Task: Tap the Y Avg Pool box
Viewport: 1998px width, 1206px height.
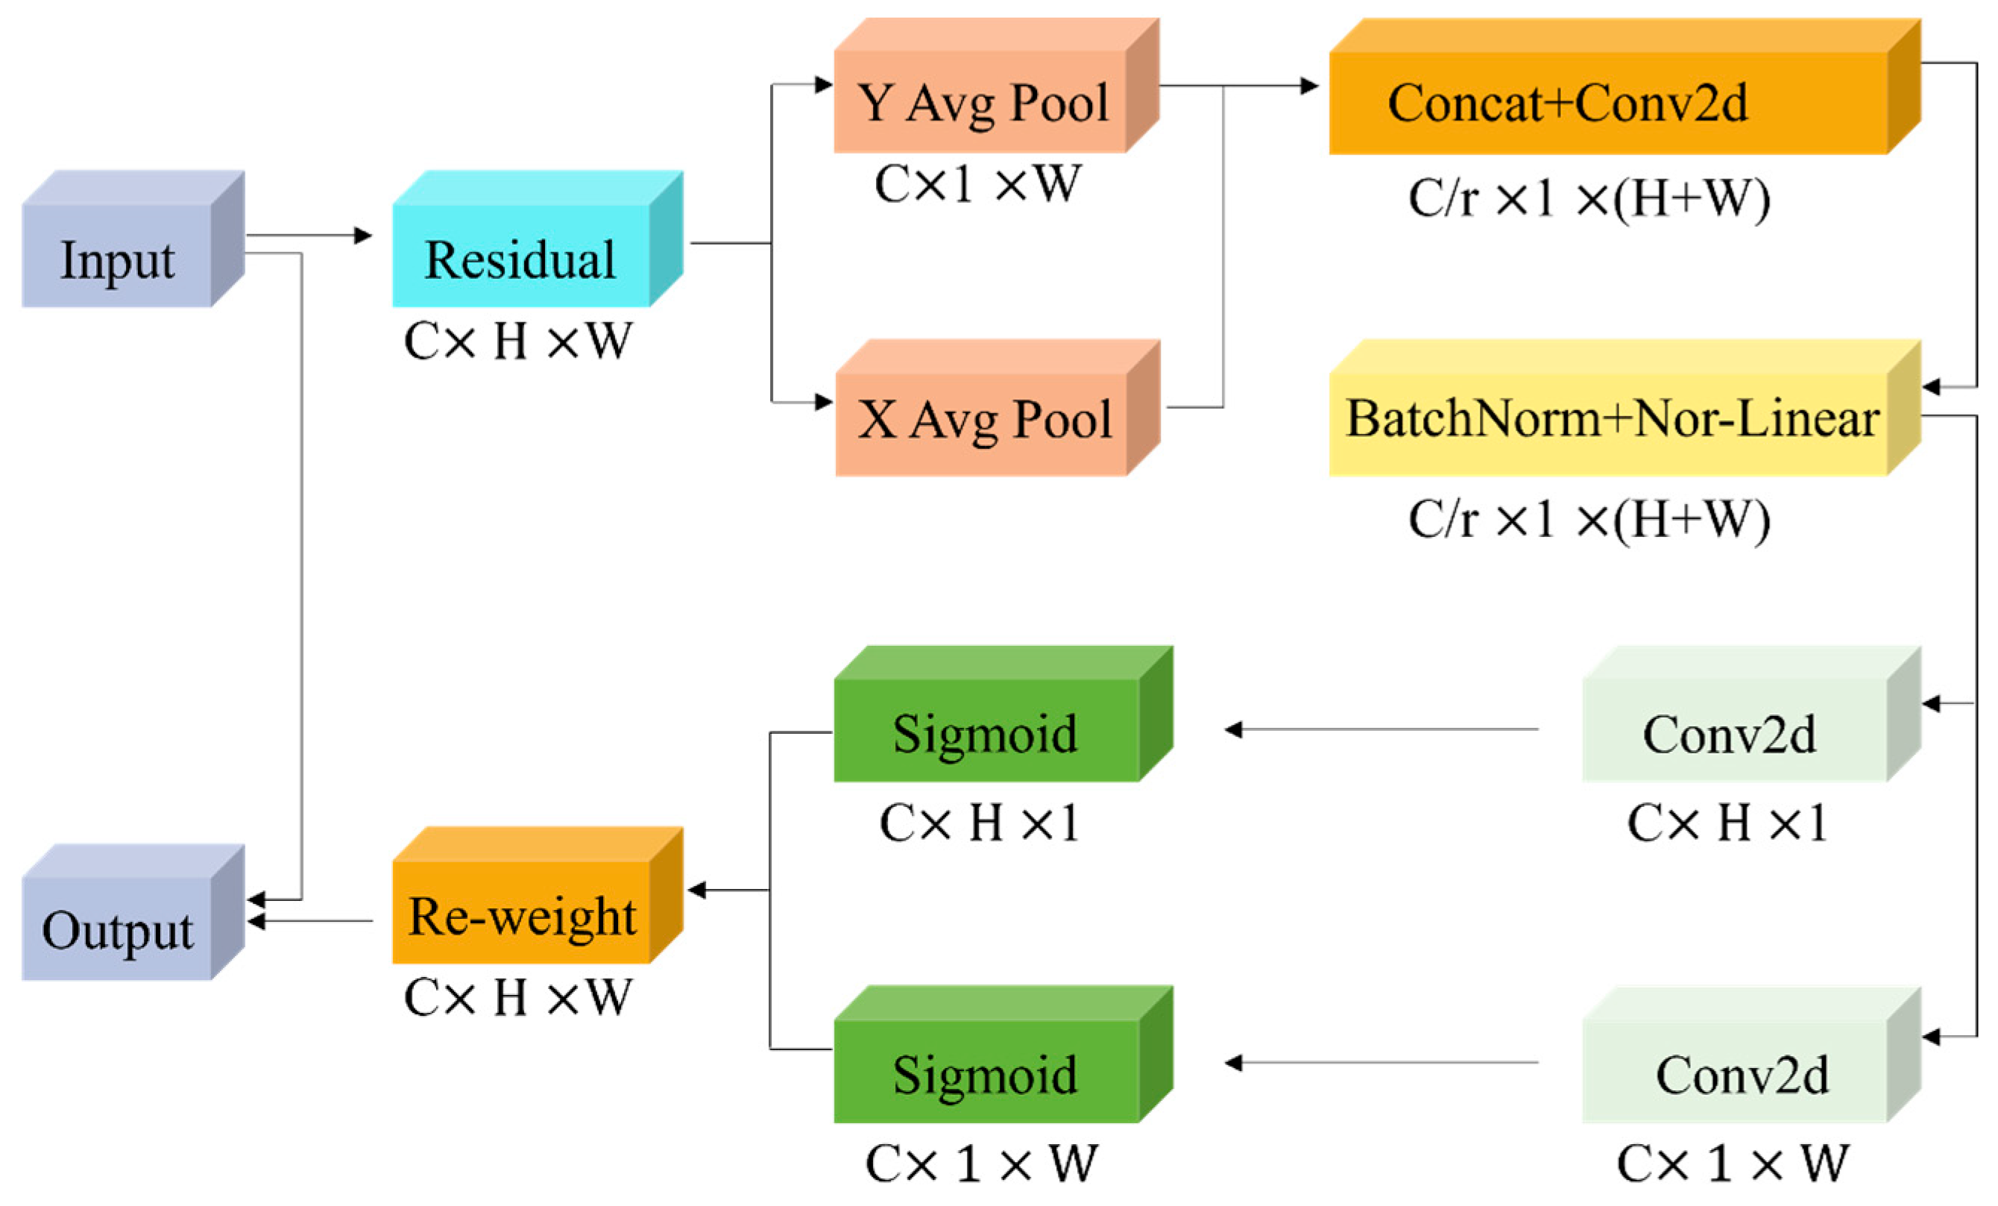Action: [x=981, y=102]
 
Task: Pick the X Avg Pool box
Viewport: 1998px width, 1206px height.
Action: [x=983, y=420]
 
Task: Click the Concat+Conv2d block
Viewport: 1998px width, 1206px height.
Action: [x=1610, y=103]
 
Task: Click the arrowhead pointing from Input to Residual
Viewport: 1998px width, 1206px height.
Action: [x=363, y=236]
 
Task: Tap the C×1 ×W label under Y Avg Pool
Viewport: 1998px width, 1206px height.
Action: [x=977, y=185]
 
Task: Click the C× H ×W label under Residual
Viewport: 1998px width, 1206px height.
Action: [x=517, y=342]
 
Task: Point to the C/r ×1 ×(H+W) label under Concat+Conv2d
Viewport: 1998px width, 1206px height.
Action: [x=1589, y=198]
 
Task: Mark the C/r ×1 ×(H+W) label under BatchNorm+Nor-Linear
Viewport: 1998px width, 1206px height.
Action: [x=1589, y=519]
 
